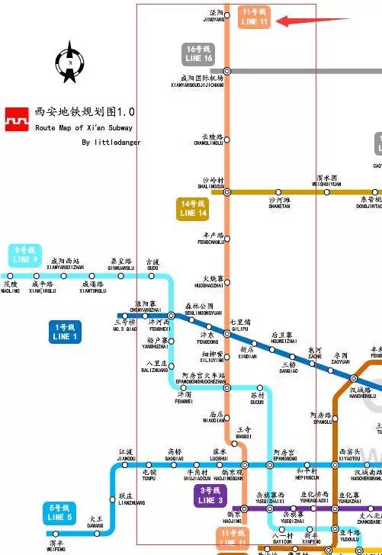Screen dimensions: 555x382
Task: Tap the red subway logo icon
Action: (16, 119)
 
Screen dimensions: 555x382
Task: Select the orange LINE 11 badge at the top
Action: (254, 18)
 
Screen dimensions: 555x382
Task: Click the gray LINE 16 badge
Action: (198, 53)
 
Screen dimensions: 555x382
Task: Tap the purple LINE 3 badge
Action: (210, 496)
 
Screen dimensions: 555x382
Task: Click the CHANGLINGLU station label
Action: (207, 140)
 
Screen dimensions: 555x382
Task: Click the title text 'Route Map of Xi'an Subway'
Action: (84, 128)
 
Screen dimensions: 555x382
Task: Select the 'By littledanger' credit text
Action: (111, 143)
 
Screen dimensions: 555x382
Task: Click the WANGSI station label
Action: (243, 431)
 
